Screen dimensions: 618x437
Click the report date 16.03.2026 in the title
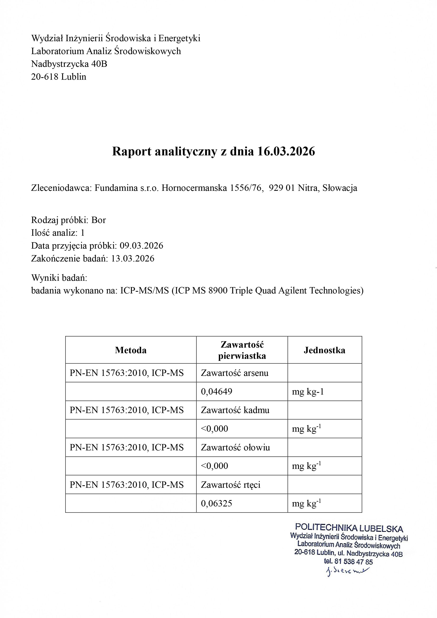coord(286,151)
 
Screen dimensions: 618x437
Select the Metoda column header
coord(131,350)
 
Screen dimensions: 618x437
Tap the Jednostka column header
coord(324,350)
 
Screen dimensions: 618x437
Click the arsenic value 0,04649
coord(216,391)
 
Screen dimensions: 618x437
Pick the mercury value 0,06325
coord(216,503)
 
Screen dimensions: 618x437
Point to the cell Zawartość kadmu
coord(235,410)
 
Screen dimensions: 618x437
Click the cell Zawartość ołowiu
coord(235,447)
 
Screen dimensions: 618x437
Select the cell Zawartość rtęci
coord(231,485)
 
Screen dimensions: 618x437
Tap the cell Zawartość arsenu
coord(235,373)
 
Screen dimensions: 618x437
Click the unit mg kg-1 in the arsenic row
coord(308,391)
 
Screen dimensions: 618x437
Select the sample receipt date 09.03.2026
coord(141,246)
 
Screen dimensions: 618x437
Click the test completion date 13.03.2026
coord(133,259)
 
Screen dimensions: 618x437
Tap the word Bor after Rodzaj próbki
coord(99,220)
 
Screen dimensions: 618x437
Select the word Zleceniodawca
coord(61,188)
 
